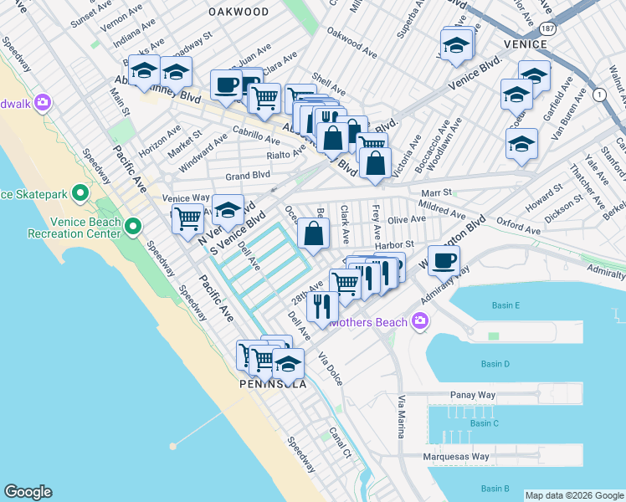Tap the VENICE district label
click(526, 43)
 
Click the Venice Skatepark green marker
click(80, 194)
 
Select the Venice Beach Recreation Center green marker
click(132, 226)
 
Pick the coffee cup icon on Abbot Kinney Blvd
click(226, 84)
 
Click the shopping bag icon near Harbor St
click(313, 234)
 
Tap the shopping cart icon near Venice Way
click(187, 219)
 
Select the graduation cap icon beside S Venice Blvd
click(228, 209)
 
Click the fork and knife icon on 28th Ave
click(322, 305)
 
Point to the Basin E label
click(505, 305)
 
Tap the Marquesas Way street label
click(455, 457)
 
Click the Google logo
click(28, 492)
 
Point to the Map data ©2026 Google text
click(573, 495)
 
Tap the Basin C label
click(484, 423)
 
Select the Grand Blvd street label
click(247, 176)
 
